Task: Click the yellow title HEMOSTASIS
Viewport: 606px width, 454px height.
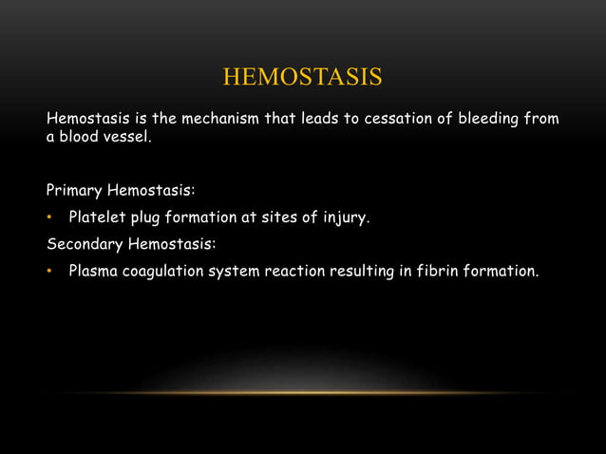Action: click(302, 76)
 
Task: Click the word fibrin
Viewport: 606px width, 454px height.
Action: click(435, 271)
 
